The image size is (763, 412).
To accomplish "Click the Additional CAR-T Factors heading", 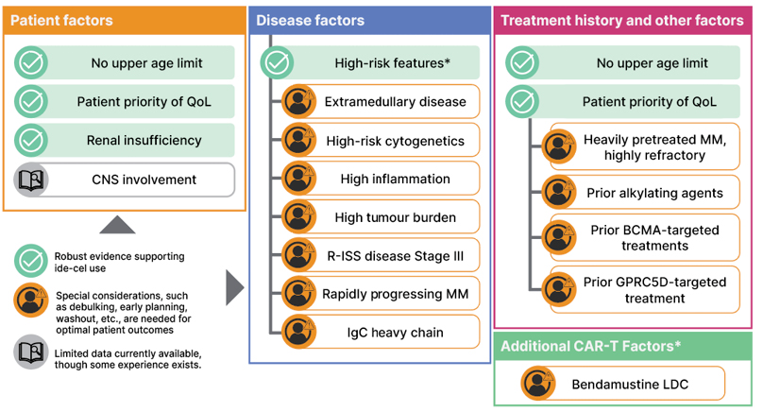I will click(591, 346).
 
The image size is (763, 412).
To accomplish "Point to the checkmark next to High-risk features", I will click(276, 63).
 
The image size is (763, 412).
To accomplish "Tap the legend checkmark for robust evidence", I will click(31, 262).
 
